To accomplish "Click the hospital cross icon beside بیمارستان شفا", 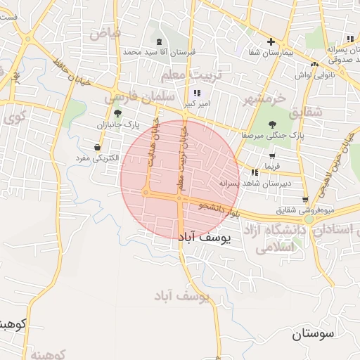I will [x=271, y=41].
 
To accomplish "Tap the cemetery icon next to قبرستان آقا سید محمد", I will [x=158, y=41].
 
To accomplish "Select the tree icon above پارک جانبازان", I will [x=117, y=112].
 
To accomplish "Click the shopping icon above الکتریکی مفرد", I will [x=96, y=147].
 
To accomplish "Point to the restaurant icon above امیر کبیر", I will [x=196, y=93].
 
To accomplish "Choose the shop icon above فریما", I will [x=271, y=157].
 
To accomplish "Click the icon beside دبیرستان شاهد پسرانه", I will [x=253, y=172].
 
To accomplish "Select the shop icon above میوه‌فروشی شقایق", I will [x=304, y=200].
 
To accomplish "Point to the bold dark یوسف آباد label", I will [x=205, y=238].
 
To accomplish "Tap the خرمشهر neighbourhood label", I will [x=266, y=98].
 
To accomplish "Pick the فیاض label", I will [x=105, y=33].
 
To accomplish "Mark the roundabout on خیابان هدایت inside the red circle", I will [x=146, y=191].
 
